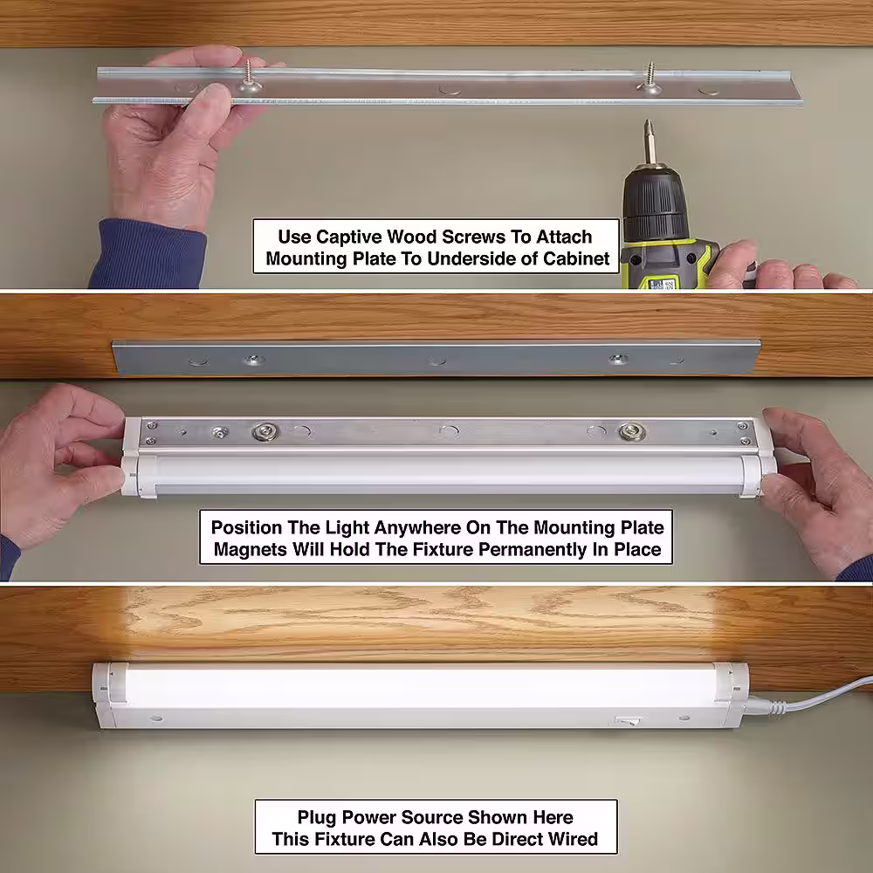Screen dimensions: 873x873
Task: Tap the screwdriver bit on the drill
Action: click(x=650, y=141)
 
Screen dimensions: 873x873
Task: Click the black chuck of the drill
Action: click(x=655, y=205)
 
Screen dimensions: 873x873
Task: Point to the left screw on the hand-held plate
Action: click(x=250, y=78)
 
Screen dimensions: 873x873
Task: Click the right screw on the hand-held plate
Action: click(x=650, y=78)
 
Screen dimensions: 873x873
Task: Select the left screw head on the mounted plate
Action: click(x=253, y=360)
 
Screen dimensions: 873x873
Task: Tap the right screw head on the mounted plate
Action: click(x=618, y=359)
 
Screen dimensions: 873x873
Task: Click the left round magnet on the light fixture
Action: click(x=265, y=431)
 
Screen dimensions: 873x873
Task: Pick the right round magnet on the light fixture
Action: click(x=631, y=431)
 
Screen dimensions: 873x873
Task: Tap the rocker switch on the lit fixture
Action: click(x=628, y=721)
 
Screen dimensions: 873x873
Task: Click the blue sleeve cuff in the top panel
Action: click(x=147, y=254)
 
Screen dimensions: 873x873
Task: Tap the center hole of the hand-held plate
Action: click(x=450, y=89)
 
